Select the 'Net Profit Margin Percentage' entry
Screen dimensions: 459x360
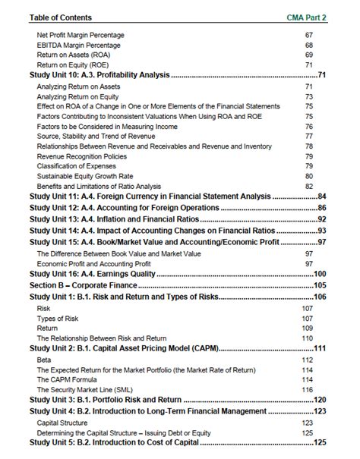pos(81,35)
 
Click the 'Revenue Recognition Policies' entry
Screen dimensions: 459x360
pos(84,156)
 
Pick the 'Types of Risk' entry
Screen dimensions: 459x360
pos(58,319)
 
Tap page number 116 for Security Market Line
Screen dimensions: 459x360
pos(308,389)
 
